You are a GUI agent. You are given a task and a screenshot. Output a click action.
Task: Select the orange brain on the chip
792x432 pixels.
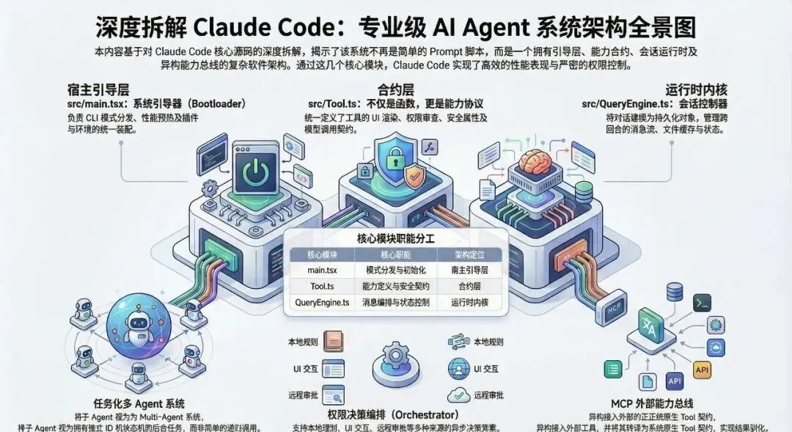point(537,164)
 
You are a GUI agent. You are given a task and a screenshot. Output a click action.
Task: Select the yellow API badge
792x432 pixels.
point(703,369)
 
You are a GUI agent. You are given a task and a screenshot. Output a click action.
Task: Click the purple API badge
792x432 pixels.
point(674,381)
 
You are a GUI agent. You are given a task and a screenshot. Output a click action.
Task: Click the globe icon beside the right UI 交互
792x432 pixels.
point(458,368)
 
